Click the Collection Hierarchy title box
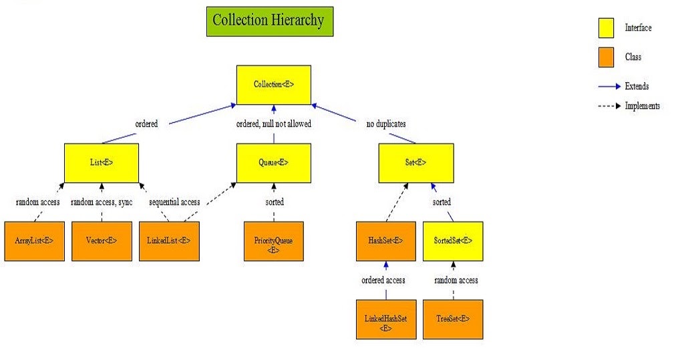coord(269,21)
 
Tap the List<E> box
coord(102,162)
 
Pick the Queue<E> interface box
coord(274,162)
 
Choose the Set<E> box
coord(416,162)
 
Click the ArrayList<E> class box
coord(34,240)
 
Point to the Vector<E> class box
coord(102,240)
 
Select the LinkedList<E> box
coord(169,240)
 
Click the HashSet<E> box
coord(386,240)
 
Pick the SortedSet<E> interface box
coord(454,240)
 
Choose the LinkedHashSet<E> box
coord(386,319)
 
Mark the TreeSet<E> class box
coord(454,319)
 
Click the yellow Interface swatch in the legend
coord(606,27)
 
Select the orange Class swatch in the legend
coord(606,57)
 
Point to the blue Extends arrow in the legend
coord(609,86)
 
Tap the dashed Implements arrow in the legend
coord(609,106)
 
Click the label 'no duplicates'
coord(386,124)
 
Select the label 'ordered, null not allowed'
coord(274,124)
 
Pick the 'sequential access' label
coord(174,202)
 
